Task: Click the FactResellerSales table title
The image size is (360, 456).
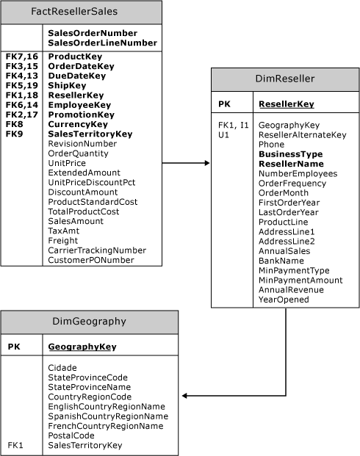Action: click(x=74, y=11)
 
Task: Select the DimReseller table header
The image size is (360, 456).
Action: click(x=285, y=79)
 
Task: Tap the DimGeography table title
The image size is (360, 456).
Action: click(x=90, y=322)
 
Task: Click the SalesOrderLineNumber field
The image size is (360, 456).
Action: click(x=102, y=43)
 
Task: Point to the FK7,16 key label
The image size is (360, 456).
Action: click(x=22, y=57)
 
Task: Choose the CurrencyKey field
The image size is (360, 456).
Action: click(x=78, y=124)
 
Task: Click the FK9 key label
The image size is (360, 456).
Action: click(x=14, y=134)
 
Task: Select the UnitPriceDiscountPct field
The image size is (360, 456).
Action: click(x=92, y=182)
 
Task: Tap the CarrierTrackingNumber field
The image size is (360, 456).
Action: click(x=97, y=250)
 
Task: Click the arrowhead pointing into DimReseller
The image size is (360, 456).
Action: click(x=207, y=163)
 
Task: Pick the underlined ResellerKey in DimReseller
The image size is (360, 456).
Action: click(x=287, y=104)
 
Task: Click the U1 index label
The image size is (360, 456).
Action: click(x=223, y=135)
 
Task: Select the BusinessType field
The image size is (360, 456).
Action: click(x=291, y=154)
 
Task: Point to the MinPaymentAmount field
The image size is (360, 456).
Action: click(x=300, y=281)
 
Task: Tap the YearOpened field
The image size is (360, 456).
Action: click(x=284, y=300)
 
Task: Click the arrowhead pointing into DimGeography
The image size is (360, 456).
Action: click(x=185, y=396)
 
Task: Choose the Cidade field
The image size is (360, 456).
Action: click(x=62, y=368)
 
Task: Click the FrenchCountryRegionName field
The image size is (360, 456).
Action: click(x=106, y=426)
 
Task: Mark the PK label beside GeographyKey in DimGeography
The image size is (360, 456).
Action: click(x=14, y=347)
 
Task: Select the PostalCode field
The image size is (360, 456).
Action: click(x=71, y=435)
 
